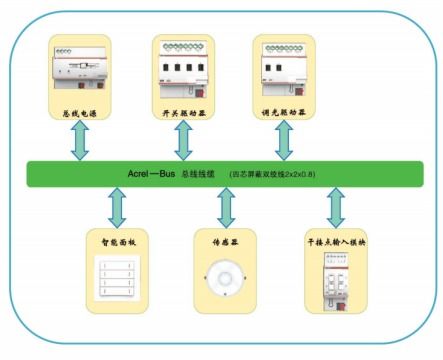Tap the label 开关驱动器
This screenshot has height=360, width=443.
(183, 115)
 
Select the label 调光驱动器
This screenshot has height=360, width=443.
(283, 115)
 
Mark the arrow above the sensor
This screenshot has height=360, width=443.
(223, 208)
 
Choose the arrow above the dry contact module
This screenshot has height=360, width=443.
(335, 208)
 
